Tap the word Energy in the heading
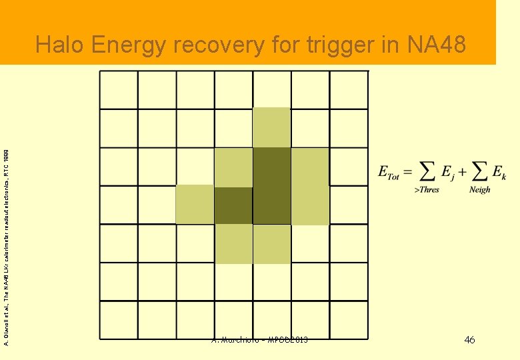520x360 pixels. (129, 45)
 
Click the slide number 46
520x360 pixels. (469, 341)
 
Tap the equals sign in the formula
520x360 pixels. (408, 171)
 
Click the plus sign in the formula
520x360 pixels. (461, 171)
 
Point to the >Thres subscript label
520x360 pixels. (427, 190)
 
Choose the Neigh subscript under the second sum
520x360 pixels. (479, 190)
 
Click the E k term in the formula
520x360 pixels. (498, 172)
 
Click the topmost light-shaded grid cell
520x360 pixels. (272, 127)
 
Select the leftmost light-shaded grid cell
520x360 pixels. (195, 205)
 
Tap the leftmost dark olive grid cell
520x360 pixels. (233, 205)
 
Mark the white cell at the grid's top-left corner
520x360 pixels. (119, 89)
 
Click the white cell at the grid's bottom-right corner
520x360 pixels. (349, 319)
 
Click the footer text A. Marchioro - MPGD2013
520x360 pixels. (259, 341)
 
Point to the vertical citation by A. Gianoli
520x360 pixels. (6, 247)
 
